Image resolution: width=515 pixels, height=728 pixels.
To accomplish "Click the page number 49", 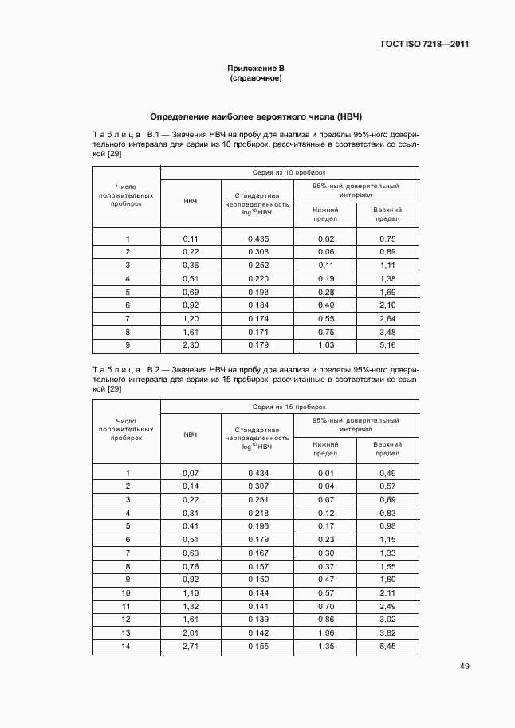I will [464, 667].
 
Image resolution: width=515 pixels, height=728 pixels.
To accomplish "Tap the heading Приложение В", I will [256, 69].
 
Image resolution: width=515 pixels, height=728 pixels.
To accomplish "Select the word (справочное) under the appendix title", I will [256, 79].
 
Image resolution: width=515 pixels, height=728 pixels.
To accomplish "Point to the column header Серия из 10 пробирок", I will [289, 171].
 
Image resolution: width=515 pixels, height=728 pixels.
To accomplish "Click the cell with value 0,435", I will [257, 238].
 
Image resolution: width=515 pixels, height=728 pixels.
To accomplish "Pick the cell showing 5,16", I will [387, 346].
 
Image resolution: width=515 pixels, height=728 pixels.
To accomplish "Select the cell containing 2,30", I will [191, 346].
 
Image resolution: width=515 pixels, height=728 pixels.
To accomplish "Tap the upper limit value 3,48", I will [387, 333].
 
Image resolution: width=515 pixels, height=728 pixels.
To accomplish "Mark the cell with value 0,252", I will [257, 265].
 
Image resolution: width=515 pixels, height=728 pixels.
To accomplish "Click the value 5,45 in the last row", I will [387, 647].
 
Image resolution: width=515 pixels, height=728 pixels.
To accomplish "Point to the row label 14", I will [127, 647].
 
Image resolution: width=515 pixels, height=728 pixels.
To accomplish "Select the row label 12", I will [127, 620].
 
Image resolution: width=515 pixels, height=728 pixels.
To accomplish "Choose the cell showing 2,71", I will [191, 647].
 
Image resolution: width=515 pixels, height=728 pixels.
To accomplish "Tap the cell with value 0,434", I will [257, 473].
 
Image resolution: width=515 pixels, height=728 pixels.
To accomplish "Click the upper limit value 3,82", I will [387, 633].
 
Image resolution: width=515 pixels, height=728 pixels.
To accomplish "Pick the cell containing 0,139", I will [257, 620].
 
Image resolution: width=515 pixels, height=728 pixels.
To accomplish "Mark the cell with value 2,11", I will [387, 593].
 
